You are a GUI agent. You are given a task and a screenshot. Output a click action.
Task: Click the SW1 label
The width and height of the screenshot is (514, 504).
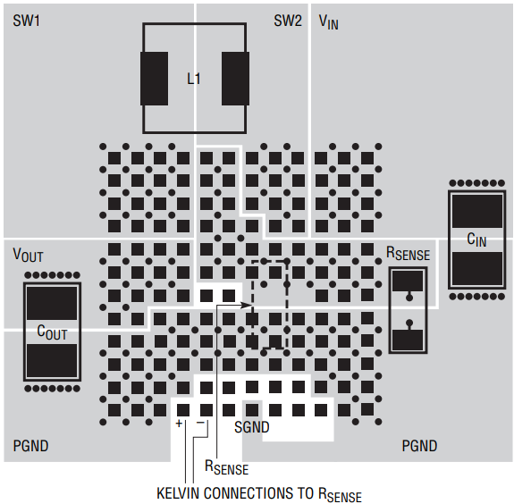26,21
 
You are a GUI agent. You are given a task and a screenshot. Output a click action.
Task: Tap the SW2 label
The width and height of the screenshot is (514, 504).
288,21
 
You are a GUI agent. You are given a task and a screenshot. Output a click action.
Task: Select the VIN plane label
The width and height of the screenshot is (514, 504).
328,22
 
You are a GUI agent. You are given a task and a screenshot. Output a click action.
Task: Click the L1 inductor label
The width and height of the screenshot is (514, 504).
193,79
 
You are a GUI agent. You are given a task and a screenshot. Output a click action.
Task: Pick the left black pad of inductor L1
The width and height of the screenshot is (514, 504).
154,79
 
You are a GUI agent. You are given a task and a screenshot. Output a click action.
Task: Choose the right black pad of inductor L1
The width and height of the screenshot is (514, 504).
235,79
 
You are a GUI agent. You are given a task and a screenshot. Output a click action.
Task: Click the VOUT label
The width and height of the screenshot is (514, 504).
28,255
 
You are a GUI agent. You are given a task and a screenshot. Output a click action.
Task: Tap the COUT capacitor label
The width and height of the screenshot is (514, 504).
52,332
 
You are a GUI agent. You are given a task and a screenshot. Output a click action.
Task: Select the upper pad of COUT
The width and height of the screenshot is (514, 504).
52,303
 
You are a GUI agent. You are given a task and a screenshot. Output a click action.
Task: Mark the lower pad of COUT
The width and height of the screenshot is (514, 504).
52,360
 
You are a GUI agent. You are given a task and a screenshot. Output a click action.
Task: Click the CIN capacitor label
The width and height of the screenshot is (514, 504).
476,239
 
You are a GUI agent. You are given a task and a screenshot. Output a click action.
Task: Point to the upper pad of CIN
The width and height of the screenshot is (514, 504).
477,211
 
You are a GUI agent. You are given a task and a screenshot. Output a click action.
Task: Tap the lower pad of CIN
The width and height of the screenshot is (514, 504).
477,268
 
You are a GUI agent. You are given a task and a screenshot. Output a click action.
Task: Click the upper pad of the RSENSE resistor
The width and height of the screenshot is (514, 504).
408,281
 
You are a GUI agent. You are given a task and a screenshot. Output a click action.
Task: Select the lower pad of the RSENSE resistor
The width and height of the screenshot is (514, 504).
408,340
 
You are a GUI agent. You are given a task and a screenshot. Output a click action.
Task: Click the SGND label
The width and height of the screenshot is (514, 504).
252,427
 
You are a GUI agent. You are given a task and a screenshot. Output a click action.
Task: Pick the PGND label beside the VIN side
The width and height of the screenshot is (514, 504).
419,446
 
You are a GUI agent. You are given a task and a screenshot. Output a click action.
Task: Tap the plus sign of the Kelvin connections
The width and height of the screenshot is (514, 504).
179,424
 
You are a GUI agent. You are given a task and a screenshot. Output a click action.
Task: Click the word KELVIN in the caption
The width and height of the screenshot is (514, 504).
178,493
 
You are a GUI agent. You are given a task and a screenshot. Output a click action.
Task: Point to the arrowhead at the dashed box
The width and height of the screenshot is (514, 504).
247,305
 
